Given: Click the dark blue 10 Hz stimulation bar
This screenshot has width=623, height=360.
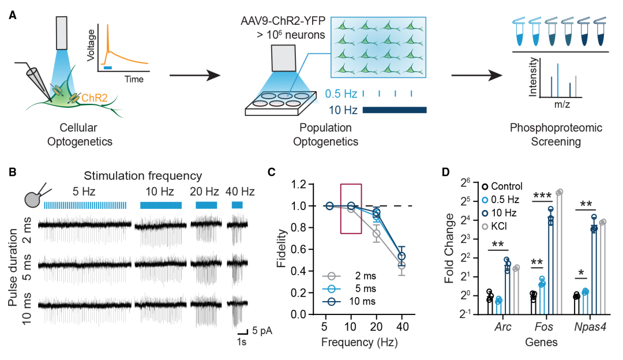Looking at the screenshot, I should [395, 110].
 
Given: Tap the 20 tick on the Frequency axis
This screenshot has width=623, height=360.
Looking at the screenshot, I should [376, 326].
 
